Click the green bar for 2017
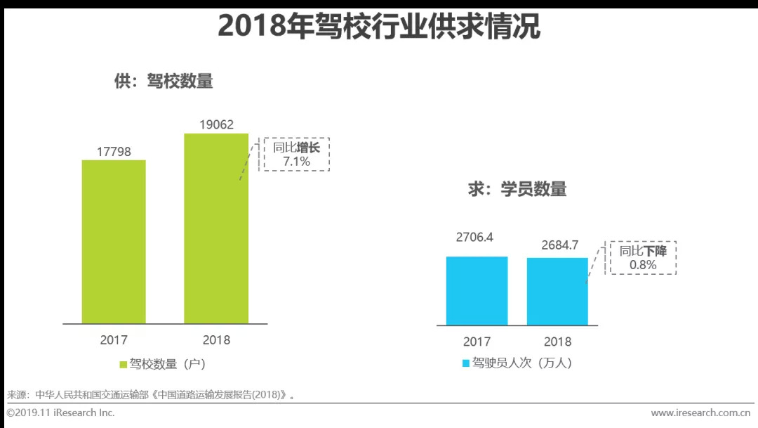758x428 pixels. click(x=114, y=241)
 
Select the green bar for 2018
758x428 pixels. click(x=216, y=228)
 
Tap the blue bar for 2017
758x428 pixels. click(x=477, y=290)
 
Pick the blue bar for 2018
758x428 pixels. click(x=557, y=291)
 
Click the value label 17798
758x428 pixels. click(x=114, y=152)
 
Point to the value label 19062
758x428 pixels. click(x=216, y=125)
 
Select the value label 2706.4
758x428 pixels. click(x=474, y=238)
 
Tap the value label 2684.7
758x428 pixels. click(x=560, y=245)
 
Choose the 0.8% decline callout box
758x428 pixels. click(x=642, y=258)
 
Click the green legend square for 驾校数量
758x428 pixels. click(x=123, y=365)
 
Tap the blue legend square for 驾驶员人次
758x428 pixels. click(x=465, y=363)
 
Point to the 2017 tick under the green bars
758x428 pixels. click(x=114, y=340)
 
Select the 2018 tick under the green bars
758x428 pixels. click(x=216, y=340)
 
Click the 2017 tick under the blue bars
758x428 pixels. click(x=477, y=342)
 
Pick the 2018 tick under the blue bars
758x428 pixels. click(x=558, y=342)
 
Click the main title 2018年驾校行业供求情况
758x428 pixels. click(x=379, y=27)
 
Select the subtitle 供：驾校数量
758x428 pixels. click(x=164, y=82)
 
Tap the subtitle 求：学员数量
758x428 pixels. click(x=517, y=189)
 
